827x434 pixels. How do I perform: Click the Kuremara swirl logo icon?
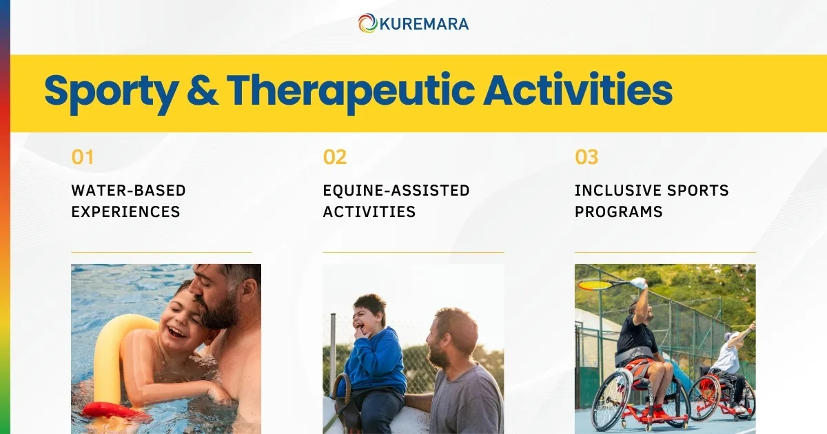pos(367,23)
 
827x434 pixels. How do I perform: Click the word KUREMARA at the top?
pos(424,24)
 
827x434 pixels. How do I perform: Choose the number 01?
pos(82,157)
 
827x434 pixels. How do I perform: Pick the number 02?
pos(334,157)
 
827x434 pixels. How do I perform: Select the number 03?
pos(586,157)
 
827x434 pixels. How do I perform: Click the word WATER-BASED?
pos(128,190)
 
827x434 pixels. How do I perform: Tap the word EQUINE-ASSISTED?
pos(396,190)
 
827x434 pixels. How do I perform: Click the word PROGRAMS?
pos(618,211)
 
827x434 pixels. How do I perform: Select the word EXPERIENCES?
pos(125,211)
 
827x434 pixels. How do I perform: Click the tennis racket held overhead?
pos(596,284)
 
